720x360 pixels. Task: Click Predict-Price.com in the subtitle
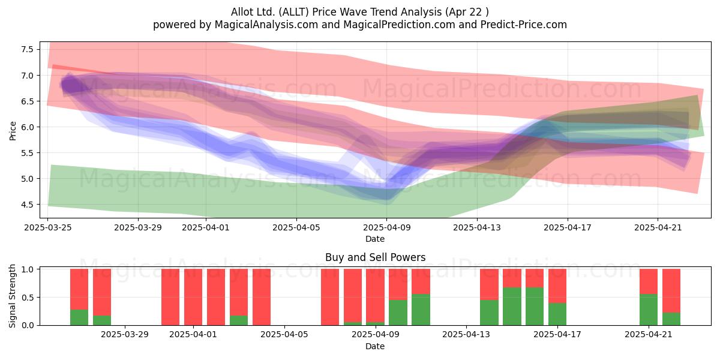click(x=524, y=25)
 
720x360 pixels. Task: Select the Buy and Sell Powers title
click(x=375, y=257)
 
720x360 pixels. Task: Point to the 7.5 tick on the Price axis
click(x=28, y=49)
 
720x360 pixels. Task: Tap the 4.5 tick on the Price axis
click(x=28, y=205)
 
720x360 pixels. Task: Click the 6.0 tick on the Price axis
click(x=28, y=127)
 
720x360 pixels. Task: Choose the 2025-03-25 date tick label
click(x=48, y=227)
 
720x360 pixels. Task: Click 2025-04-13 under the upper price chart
click(x=477, y=227)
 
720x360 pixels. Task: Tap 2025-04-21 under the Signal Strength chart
click(x=649, y=335)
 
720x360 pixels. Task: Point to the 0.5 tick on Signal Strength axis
click(x=28, y=298)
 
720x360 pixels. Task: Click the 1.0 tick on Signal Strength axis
click(x=28, y=269)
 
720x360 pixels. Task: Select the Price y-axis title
click(x=13, y=131)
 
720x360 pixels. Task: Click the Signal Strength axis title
click(x=12, y=296)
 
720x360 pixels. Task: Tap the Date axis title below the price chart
click(x=375, y=239)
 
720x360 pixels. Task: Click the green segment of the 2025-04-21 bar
click(x=649, y=310)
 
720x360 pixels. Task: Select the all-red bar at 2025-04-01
click(x=193, y=297)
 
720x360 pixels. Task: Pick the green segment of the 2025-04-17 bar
click(x=557, y=314)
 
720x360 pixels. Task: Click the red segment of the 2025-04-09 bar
click(x=375, y=295)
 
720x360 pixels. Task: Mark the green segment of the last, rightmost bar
click(x=671, y=319)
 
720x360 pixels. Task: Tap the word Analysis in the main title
click(x=421, y=12)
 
